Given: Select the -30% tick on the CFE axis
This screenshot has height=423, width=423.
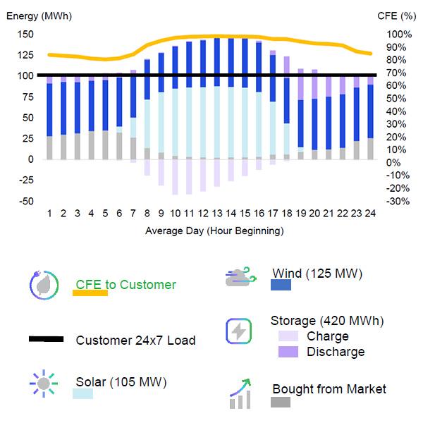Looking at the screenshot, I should [398, 201].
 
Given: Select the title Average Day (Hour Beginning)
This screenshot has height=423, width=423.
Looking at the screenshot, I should [214, 231].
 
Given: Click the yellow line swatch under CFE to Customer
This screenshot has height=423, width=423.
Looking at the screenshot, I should [90, 293].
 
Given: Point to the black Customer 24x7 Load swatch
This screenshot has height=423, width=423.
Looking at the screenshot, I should [46, 339].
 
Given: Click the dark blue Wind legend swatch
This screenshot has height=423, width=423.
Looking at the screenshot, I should [281, 285].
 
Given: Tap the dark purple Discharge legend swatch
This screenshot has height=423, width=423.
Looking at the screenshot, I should [288, 351].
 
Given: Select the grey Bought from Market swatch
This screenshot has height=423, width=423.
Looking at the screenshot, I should [281, 402].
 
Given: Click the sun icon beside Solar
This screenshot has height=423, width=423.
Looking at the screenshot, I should [44, 384].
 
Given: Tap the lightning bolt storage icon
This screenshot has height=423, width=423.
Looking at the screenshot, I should [238, 331].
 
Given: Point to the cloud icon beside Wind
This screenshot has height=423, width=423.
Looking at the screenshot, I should [238, 277].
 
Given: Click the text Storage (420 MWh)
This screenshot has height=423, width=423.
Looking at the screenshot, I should [326, 321].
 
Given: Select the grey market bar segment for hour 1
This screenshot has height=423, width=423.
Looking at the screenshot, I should [49, 147].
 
